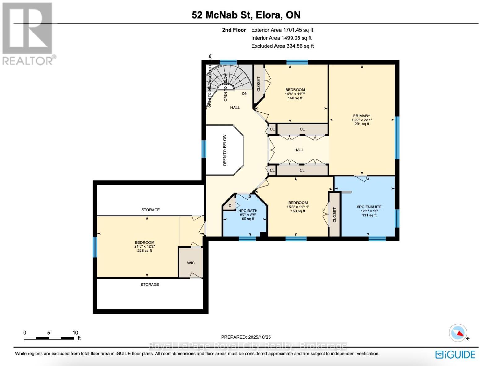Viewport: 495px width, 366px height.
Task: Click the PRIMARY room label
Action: [362, 116]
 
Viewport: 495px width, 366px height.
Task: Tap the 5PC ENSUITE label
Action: [369, 207]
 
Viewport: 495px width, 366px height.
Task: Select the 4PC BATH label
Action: [248, 211]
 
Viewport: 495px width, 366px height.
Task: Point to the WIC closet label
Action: [191, 263]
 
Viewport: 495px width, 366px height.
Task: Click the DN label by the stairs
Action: [245, 94]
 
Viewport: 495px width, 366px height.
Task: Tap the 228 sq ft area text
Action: [144, 251]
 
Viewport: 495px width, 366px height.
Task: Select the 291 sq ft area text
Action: [362, 124]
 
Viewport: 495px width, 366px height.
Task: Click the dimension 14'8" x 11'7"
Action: [295, 94]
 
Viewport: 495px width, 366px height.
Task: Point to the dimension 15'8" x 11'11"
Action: [298, 207]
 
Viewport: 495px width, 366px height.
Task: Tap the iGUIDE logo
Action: [455, 355]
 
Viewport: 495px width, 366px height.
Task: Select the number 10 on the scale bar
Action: [75, 333]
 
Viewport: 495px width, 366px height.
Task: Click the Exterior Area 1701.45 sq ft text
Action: [282, 30]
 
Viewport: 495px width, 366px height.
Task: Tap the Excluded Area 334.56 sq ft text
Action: [282, 46]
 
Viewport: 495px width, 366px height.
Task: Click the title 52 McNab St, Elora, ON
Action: [246, 15]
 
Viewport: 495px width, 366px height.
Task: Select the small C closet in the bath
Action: [230, 206]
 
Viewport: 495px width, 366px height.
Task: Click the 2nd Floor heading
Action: [234, 30]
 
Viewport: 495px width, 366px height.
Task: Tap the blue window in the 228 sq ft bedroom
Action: [95, 247]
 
